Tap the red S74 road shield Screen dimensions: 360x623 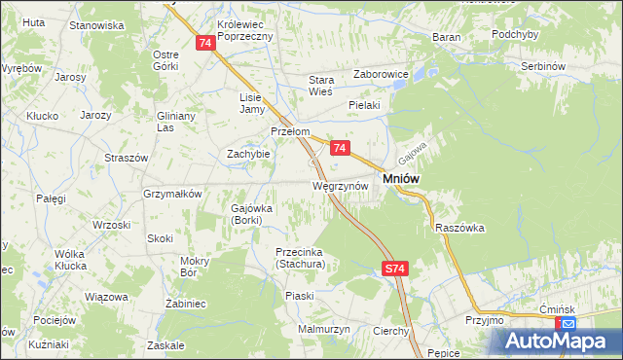(393, 268)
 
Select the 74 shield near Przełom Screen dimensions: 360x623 (339, 148)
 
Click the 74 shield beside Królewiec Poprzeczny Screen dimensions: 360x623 (204, 43)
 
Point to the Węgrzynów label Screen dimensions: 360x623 (339, 185)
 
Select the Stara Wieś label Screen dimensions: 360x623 (321, 86)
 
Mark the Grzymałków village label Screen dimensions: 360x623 (172, 194)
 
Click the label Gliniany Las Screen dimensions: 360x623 (177, 121)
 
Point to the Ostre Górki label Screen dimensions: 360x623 (166, 60)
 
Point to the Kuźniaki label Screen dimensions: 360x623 (49, 344)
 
